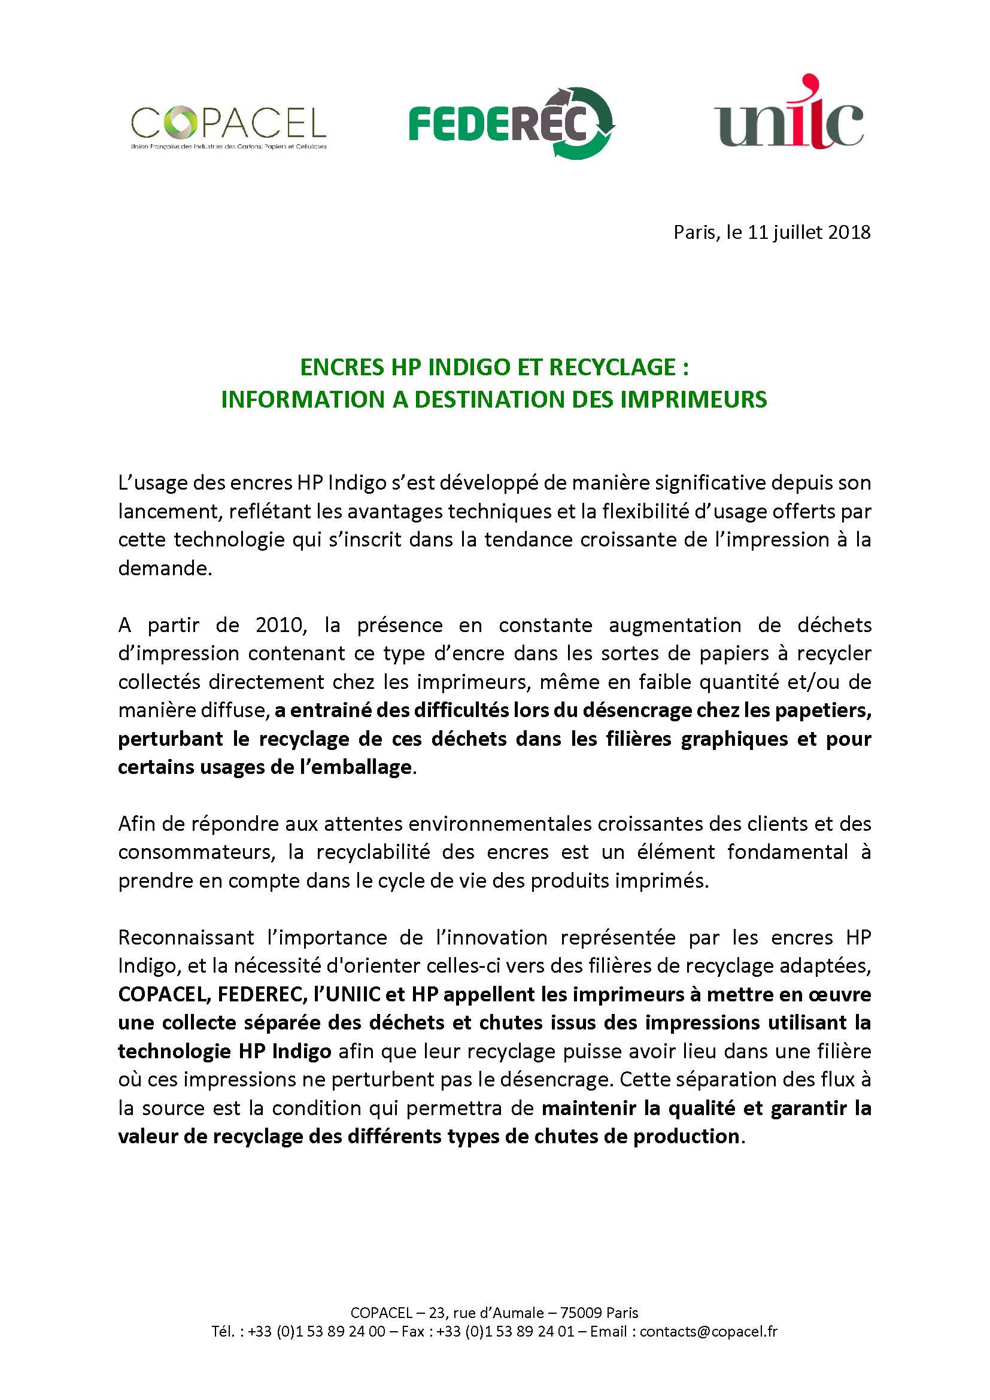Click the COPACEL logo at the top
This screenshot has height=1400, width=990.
(x=229, y=126)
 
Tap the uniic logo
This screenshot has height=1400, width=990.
(x=789, y=116)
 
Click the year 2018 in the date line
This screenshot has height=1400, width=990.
(x=849, y=232)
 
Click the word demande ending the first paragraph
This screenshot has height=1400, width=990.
(x=163, y=568)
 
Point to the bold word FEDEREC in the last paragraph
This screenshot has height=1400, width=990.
(x=260, y=994)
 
